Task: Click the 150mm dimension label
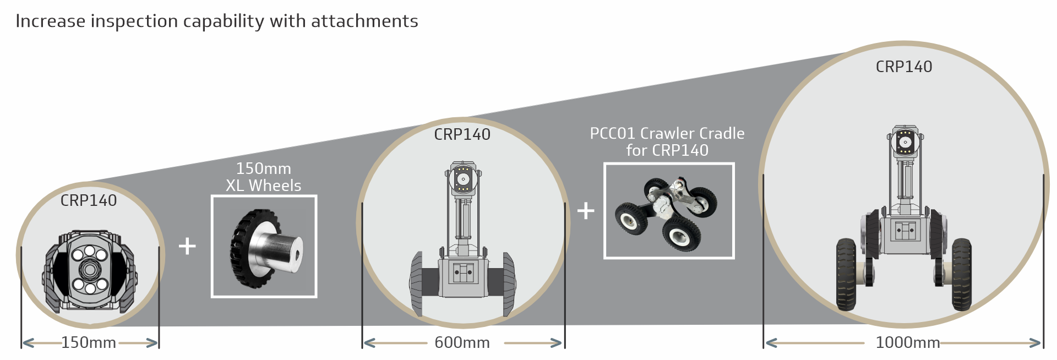(89, 342)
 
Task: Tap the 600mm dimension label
(462, 342)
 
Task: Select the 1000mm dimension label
(907, 342)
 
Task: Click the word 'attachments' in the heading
(364, 21)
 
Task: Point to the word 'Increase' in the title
(51, 21)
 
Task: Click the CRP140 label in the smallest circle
(89, 200)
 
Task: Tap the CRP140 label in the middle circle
(462, 134)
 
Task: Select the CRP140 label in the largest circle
(904, 67)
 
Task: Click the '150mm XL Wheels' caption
(264, 177)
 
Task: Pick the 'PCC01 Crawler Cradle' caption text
(667, 134)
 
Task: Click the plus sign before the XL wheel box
(187, 246)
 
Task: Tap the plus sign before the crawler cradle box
(586, 210)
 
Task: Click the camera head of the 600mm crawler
(464, 179)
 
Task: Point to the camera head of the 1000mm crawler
(905, 142)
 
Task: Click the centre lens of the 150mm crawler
(89, 270)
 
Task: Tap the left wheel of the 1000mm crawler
(846, 274)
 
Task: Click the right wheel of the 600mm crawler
(508, 283)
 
